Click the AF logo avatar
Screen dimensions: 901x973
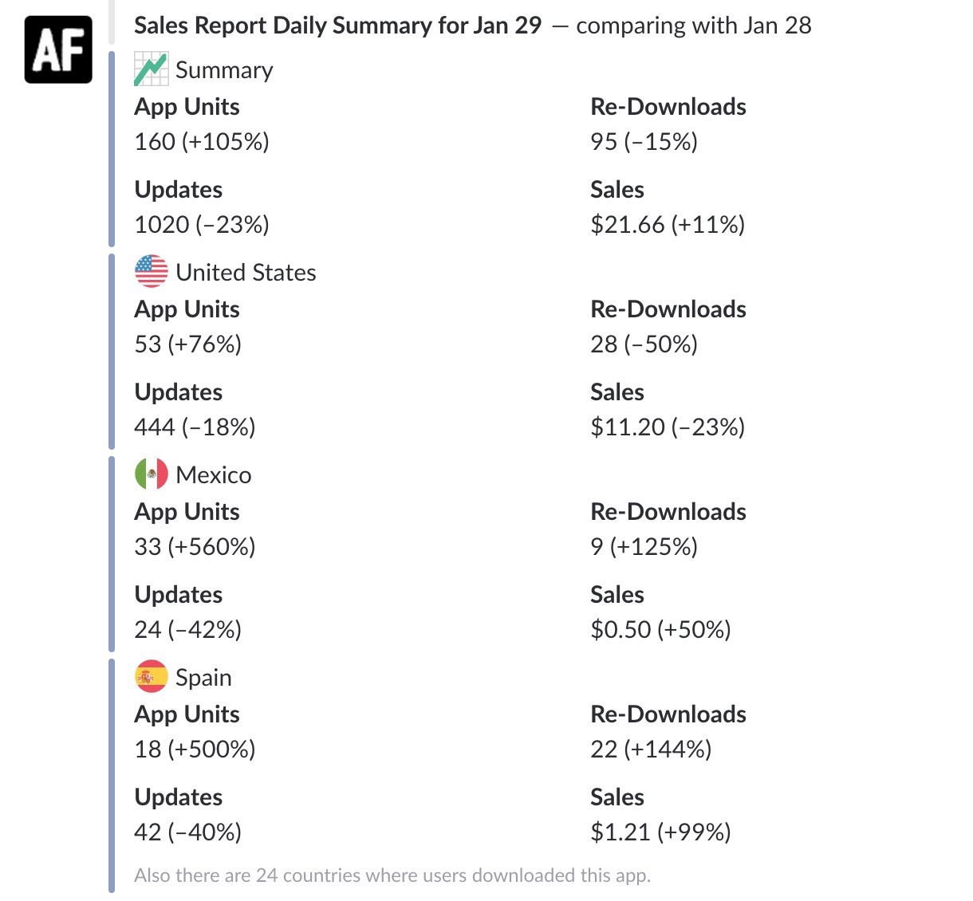click(58, 49)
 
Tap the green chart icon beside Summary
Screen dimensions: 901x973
click(151, 69)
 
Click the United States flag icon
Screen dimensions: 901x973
click(151, 272)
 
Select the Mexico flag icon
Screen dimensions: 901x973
click(151, 474)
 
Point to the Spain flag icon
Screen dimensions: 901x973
click(151, 677)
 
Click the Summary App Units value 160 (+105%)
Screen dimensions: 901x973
click(202, 142)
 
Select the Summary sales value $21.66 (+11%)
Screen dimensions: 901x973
click(667, 225)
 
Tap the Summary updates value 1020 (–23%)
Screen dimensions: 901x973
click(202, 225)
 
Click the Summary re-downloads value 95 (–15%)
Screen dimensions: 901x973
click(644, 142)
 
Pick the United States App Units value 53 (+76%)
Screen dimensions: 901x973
click(188, 344)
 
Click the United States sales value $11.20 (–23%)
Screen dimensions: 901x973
click(667, 427)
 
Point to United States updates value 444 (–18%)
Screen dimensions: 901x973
click(195, 427)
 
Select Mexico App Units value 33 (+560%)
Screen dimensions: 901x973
click(195, 547)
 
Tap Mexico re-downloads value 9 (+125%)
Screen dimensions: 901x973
click(644, 547)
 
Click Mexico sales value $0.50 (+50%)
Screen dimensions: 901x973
click(660, 630)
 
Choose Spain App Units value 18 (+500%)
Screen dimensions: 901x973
click(195, 750)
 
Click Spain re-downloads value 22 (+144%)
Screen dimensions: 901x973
click(651, 750)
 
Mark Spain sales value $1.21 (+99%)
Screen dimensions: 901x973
click(660, 832)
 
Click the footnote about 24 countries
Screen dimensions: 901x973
click(392, 875)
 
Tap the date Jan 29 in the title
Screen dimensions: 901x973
click(506, 26)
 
